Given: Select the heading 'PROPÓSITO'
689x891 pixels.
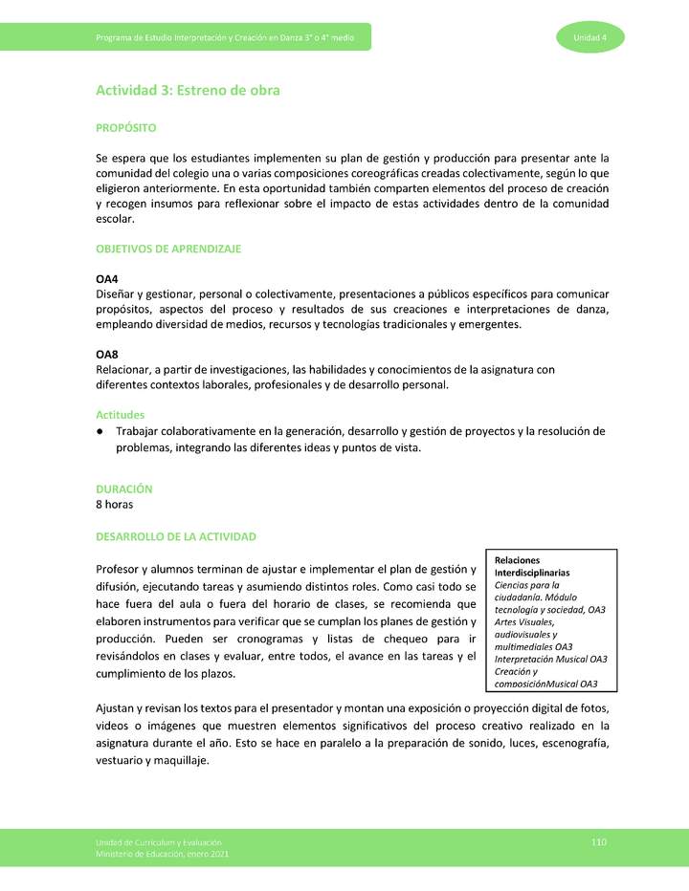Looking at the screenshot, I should [126, 127].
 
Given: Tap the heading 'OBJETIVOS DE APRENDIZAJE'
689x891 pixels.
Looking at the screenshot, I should [168, 249].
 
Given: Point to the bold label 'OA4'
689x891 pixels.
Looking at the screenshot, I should [107, 278].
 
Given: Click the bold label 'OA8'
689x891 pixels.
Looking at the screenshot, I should [107, 355].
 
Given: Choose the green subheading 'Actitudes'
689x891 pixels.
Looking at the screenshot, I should [121, 415].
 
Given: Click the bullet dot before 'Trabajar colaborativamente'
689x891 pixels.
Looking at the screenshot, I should [100, 431].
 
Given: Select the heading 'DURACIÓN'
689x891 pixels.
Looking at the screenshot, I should [124, 489].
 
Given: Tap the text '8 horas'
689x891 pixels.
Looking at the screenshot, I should [115, 504].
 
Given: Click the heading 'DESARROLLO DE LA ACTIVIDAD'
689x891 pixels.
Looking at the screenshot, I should [176, 536].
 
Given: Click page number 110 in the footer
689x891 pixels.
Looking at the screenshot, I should [599, 840].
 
